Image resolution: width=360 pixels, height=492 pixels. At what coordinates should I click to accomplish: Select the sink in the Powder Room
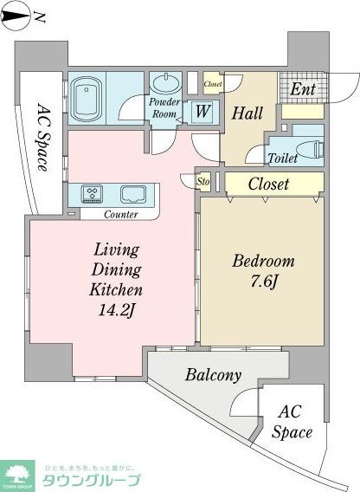tap(165, 84)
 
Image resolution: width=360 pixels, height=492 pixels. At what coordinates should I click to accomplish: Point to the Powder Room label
tap(166, 108)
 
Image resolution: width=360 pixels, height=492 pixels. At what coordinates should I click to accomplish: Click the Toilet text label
tap(283, 159)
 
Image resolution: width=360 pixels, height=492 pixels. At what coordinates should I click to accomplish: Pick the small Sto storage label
tap(204, 183)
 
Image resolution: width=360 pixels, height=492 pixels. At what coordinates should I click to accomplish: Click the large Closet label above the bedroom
tap(268, 184)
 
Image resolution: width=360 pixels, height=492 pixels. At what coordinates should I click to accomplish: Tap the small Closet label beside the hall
tap(213, 84)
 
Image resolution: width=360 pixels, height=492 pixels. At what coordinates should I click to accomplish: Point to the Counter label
tap(120, 214)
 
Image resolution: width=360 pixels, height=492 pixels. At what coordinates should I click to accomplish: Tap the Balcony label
tap(212, 375)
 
